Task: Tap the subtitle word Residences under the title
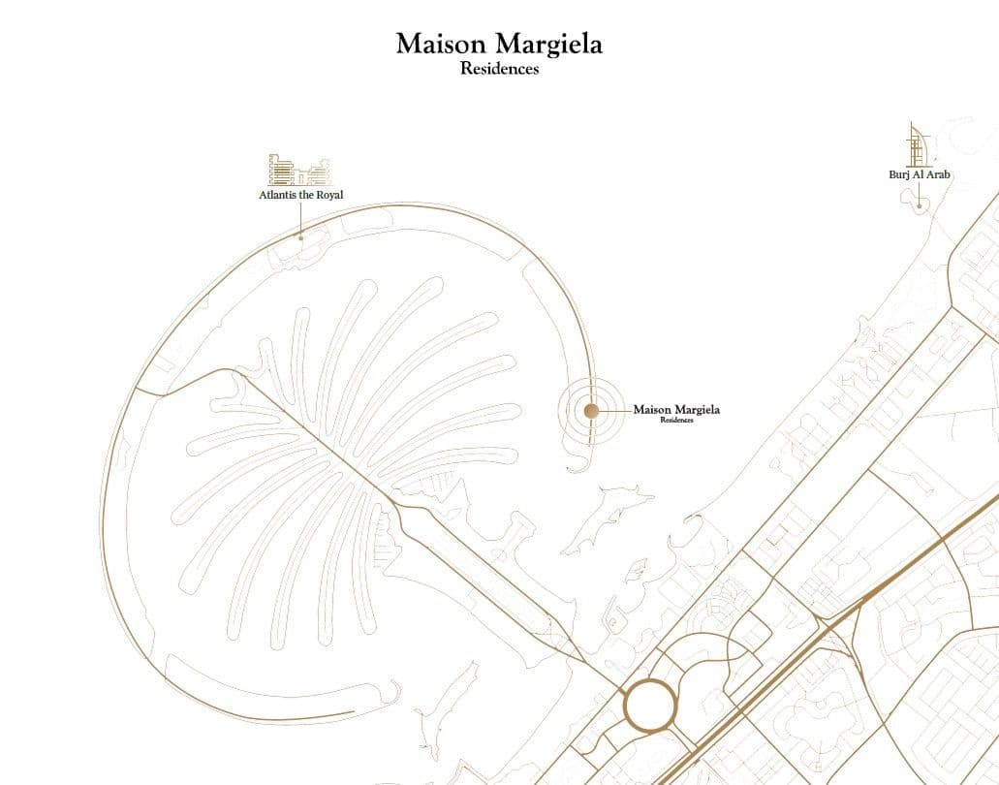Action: click(499, 70)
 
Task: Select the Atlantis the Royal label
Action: click(300, 195)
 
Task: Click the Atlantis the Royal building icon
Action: click(298, 170)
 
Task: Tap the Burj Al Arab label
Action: click(920, 174)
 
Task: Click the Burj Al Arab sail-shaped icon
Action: click(918, 145)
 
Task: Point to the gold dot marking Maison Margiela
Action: click(591, 411)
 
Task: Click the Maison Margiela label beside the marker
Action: click(676, 410)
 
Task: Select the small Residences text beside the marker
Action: click(676, 421)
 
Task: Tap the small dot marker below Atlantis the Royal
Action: click(300, 236)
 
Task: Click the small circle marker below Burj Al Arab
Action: click(919, 204)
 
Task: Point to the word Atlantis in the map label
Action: click(279, 195)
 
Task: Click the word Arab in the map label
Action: click(938, 174)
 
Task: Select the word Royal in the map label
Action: click(329, 195)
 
